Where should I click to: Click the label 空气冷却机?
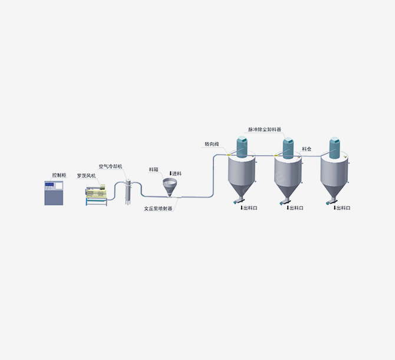tap(110, 167)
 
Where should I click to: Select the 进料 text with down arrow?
tap(175, 173)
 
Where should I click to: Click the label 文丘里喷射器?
tap(158, 208)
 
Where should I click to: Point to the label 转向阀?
tap(212, 144)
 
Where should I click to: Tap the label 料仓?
tap(307, 149)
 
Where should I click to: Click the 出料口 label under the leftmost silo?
tap(249, 208)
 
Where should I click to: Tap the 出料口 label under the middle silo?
tap(295, 208)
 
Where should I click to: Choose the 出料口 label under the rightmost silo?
tap(342, 208)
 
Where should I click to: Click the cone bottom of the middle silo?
tap(288, 191)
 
